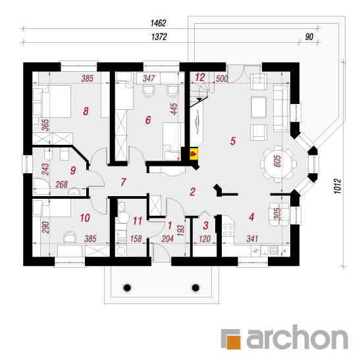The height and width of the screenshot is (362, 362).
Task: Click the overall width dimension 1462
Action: pyautogui.click(x=158, y=23)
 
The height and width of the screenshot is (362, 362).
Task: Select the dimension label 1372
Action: pyautogui.click(x=159, y=37)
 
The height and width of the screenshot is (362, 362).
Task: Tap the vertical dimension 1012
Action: pyautogui.click(x=337, y=186)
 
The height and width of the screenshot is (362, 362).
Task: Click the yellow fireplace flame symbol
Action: pyautogui.click(x=194, y=153)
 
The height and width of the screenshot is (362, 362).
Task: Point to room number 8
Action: pyautogui.click(x=86, y=111)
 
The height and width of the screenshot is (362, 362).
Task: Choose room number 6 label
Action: pyautogui.click(x=148, y=120)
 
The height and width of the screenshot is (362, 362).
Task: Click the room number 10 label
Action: pyautogui.click(x=85, y=218)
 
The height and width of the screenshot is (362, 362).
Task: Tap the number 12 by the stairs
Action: pyautogui.click(x=200, y=78)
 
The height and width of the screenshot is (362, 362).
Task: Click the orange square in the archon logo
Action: pyautogui.click(x=234, y=342)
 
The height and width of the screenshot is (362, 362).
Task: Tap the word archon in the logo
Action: pyautogui.click(x=297, y=337)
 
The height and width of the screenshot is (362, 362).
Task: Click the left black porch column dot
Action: pyautogui.click(x=127, y=288)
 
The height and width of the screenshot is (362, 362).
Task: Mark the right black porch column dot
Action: pyautogui.click(x=195, y=288)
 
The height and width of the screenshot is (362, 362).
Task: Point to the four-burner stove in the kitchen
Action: pyautogui.click(x=228, y=230)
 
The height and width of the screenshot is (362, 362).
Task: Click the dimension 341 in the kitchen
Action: pyautogui.click(x=252, y=239)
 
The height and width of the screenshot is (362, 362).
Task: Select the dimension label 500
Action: pyautogui.click(x=222, y=79)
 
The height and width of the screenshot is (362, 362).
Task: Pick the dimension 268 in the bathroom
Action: pyautogui.click(x=62, y=184)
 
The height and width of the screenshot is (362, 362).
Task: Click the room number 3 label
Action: pyautogui.click(x=206, y=226)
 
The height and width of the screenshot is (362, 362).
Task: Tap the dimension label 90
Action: pyautogui.click(x=309, y=37)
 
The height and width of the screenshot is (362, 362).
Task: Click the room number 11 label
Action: pyautogui.click(x=138, y=221)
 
